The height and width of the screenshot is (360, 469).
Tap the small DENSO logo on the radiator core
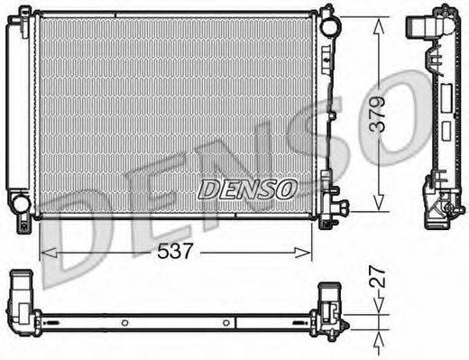click(x=245, y=189)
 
